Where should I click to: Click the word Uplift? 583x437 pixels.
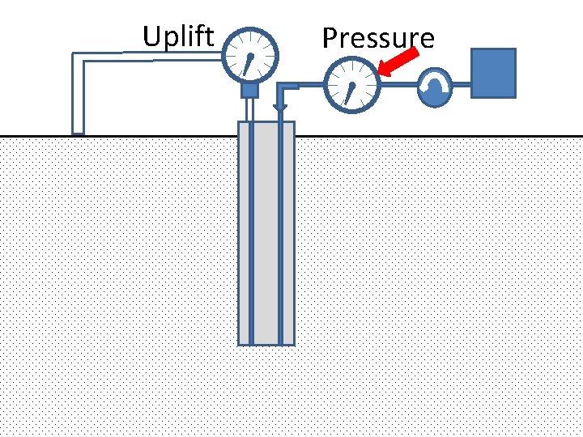178,36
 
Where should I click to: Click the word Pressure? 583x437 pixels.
377,39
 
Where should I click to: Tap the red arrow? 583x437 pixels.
398,62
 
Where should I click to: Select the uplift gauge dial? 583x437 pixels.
249,57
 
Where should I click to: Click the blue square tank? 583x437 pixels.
493,73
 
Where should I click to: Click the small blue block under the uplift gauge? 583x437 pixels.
249,90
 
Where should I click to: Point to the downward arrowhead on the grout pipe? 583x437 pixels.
279,107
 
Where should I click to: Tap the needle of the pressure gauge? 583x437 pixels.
351,92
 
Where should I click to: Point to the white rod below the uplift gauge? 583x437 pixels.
249,108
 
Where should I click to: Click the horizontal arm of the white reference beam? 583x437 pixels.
146,56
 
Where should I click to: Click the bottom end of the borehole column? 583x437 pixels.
266,342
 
